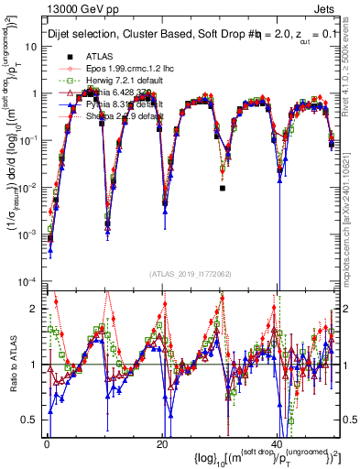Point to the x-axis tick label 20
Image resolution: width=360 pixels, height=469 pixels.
161,443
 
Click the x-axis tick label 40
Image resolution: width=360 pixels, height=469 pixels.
278,443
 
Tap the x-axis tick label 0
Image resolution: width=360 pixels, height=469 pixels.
47,443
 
